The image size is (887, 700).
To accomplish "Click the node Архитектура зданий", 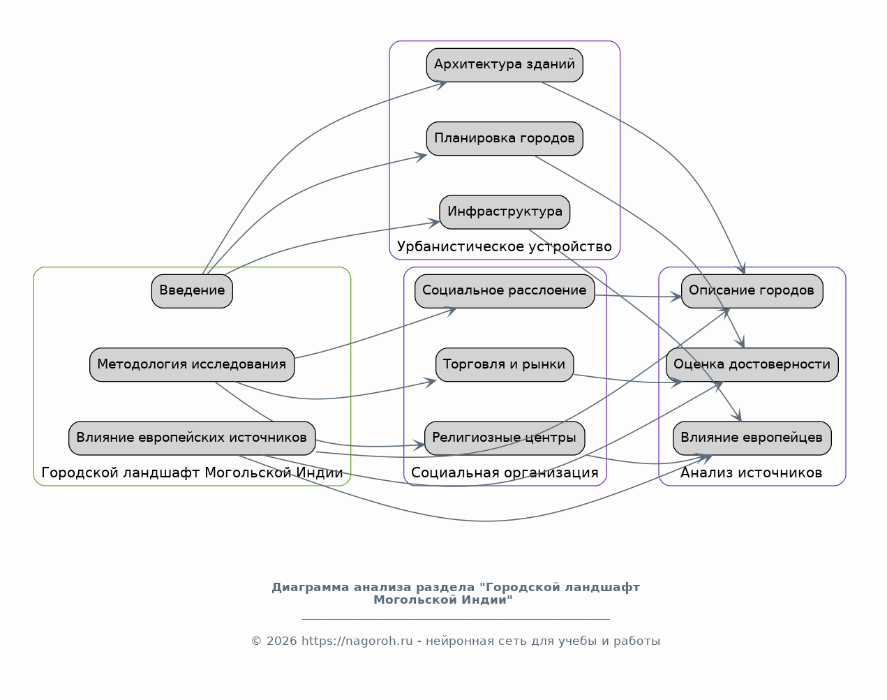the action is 505,65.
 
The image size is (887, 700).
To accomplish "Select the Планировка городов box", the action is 505,138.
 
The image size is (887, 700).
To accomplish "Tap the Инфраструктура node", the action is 505,212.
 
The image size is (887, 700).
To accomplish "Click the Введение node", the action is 192,291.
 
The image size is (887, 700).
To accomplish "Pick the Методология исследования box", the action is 192,364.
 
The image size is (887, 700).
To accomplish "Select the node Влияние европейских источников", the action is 192,438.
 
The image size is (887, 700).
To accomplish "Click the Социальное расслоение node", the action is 505,291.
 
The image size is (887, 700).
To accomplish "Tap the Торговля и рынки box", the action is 505,364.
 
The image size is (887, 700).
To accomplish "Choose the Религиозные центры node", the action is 505,438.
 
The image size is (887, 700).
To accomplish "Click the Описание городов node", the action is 752,291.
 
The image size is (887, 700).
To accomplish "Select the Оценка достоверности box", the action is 752,364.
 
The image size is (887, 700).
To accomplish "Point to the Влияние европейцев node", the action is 752,438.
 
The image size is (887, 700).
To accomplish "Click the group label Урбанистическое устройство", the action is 505,246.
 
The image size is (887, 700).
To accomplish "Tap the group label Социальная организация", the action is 505,472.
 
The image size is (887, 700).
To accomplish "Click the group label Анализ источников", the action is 751,472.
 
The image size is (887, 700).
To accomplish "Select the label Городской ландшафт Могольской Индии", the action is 192,472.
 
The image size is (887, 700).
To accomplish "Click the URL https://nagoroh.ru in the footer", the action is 357,641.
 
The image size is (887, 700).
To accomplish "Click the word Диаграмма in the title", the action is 311,588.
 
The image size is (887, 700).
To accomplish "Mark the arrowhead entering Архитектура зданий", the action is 442,84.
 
